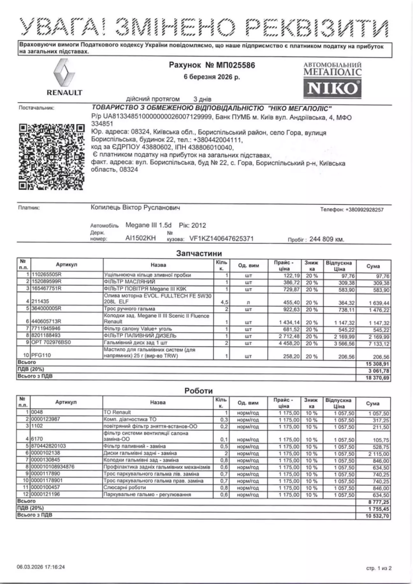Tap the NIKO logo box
pyautogui.click(x=332, y=88)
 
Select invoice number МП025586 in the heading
pyautogui.click(x=235, y=65)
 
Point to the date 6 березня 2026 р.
pyautogui.click(x=212, y=77)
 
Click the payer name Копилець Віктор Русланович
pyautogui.click(x=135, y=208)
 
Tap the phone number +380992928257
pyautogui.click(x=364, y=210)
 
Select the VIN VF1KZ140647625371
pyautogui.click(x=221, y=239)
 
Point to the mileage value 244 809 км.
pyautogui.click(x=327, y=239)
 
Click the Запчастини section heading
pyautogui.click(x=199, y=253)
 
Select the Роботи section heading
pyautogui.click(x=199, y=391)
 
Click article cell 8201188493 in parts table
pyautogui.click(x=46, y=335)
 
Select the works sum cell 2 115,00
pyautogui.click(x=379, y=454)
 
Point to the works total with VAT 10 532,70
pyautogui.click(x=378, y=516)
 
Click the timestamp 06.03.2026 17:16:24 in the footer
pyautogui.click(x=41, y=567)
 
